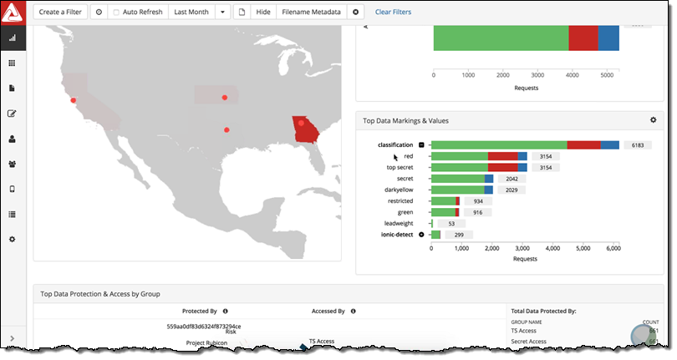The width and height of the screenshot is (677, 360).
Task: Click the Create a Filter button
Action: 60,13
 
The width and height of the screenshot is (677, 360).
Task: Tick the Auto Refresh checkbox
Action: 116,13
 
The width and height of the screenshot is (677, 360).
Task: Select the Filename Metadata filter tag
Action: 311,13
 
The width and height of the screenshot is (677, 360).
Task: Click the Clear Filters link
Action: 393,13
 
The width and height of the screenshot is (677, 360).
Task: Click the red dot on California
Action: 74,100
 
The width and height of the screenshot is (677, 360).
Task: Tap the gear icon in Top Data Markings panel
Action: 653,120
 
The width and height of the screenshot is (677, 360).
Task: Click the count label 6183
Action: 637,145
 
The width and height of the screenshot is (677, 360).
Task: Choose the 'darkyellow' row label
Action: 399,190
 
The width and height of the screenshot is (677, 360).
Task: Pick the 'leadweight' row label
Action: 398,223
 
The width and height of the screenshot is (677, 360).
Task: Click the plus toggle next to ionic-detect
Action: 421,235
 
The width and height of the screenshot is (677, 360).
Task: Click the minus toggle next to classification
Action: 421,145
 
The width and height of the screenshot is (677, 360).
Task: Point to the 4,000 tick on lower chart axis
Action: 553,249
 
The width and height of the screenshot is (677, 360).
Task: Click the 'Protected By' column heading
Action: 199,311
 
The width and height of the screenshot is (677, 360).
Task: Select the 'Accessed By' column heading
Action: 328,311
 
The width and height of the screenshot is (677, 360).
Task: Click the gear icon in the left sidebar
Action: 13,240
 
